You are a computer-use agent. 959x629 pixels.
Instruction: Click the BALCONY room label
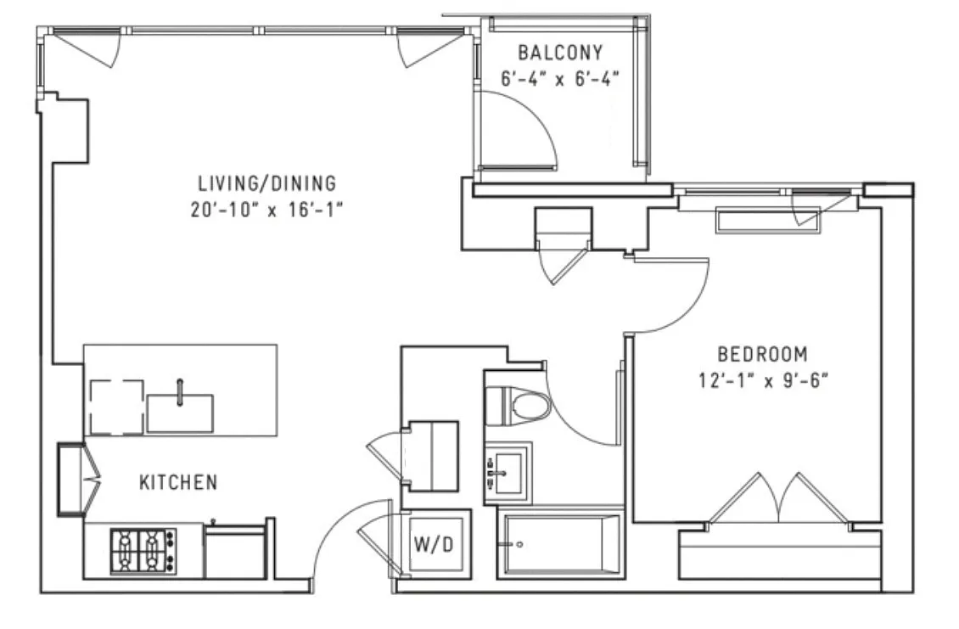point(559,53)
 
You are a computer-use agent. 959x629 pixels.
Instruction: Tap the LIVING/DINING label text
point(266,183)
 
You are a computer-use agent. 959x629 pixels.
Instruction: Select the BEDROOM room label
point(762,354)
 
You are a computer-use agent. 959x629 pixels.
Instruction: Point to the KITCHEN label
point(178,482)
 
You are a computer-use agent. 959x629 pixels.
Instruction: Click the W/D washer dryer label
point(434,544)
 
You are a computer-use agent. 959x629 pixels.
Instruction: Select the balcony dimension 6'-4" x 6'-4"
point(559,79)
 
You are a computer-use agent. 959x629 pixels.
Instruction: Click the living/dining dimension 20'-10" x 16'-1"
point(266,210)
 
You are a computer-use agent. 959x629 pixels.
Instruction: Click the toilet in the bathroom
point(518,403)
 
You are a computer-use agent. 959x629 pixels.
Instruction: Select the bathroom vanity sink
point(507,472)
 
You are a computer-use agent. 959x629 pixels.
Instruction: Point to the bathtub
point(560,545)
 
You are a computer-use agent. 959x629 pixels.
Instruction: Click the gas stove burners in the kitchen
point(143,551)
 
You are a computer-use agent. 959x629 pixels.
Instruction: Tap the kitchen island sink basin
point(180,413)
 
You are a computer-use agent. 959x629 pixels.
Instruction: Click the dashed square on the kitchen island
point(117,407)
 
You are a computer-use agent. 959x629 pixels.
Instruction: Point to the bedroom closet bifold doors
point(778,498)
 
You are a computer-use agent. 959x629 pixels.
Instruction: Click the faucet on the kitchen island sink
point(180,392)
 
